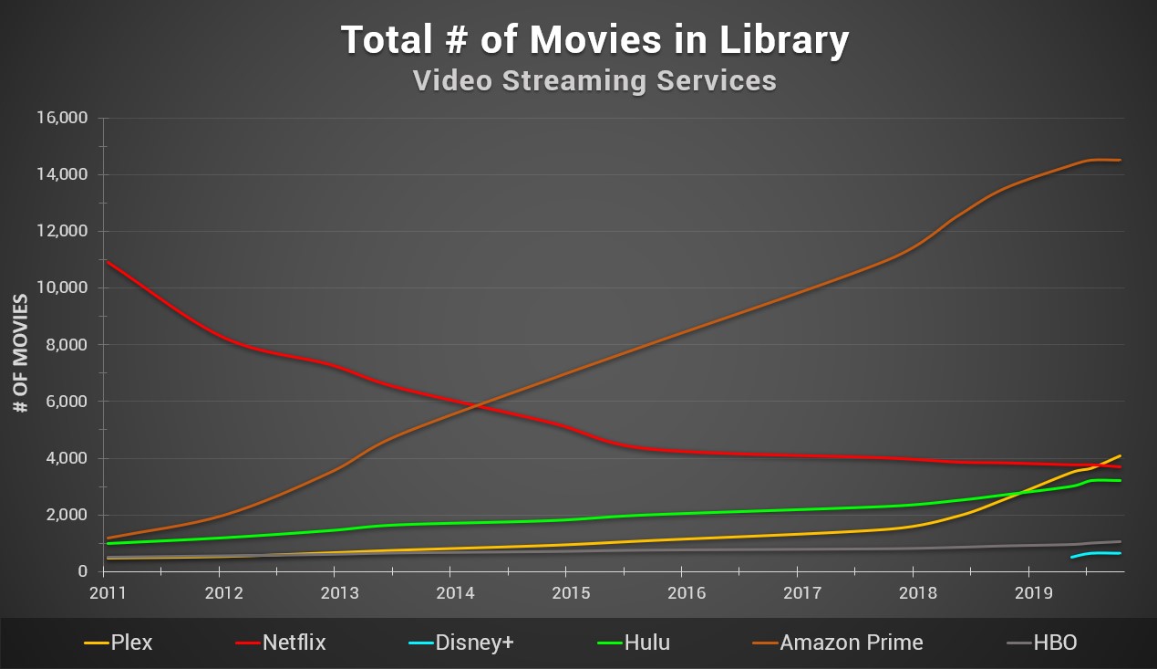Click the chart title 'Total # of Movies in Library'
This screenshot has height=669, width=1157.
coord(594,40)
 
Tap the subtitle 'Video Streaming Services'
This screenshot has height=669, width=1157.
coord(594,80)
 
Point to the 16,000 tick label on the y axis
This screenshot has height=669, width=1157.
coord(61,118)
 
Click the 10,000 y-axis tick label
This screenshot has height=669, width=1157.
coord(61,287)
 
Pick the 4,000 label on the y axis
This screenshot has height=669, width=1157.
coord(65,458)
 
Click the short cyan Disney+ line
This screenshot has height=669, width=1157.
coord(1099,553)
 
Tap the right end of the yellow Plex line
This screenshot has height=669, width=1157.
coord(1120,455)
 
